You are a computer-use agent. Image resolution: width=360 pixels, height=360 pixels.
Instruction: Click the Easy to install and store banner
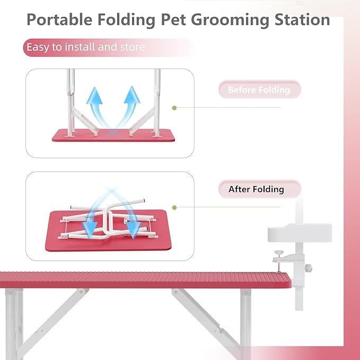pos(85,47)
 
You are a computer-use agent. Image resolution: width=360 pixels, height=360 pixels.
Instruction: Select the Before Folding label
pos(259,90)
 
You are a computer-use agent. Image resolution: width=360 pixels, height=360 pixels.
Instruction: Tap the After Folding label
pos(256,189)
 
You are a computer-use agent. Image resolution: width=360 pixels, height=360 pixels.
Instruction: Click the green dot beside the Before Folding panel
pos(174,108)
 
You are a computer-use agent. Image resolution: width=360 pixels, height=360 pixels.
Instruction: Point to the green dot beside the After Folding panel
pos(174,207)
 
